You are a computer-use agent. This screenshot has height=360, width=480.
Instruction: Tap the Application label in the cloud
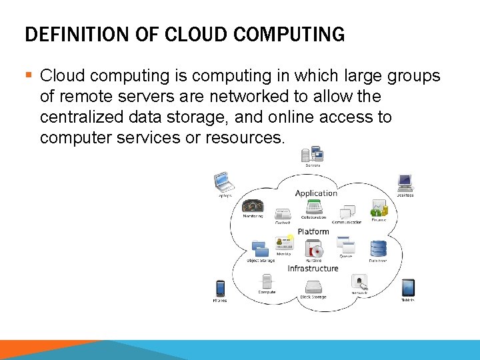(316, 193)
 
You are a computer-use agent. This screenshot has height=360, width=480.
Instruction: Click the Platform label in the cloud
(313, 231)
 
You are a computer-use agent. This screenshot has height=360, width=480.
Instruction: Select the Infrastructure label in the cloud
(313, 268)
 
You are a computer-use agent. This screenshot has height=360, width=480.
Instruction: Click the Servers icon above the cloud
(312, 154)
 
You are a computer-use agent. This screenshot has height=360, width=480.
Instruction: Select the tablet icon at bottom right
(408, 287)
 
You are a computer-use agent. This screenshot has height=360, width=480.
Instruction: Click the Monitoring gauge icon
(253, 205)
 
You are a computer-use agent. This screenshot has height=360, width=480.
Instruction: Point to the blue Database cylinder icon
(379, 249)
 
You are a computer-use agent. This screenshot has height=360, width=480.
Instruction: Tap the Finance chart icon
(379, 208)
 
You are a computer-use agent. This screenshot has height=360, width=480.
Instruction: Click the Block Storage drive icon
(313, 286)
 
